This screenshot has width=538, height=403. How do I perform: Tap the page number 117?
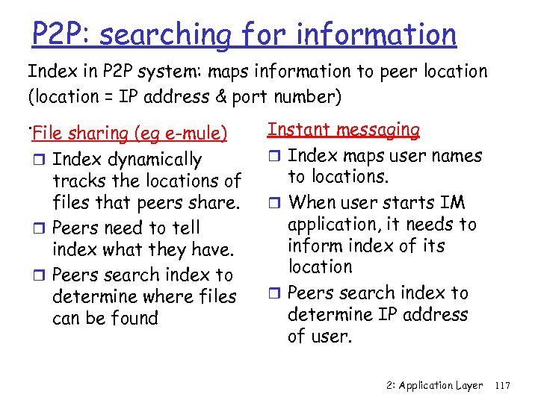[x=502, y=386]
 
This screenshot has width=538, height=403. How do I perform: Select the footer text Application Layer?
[x=441, y=386]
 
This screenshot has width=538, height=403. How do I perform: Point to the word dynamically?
[x=155, y=160]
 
